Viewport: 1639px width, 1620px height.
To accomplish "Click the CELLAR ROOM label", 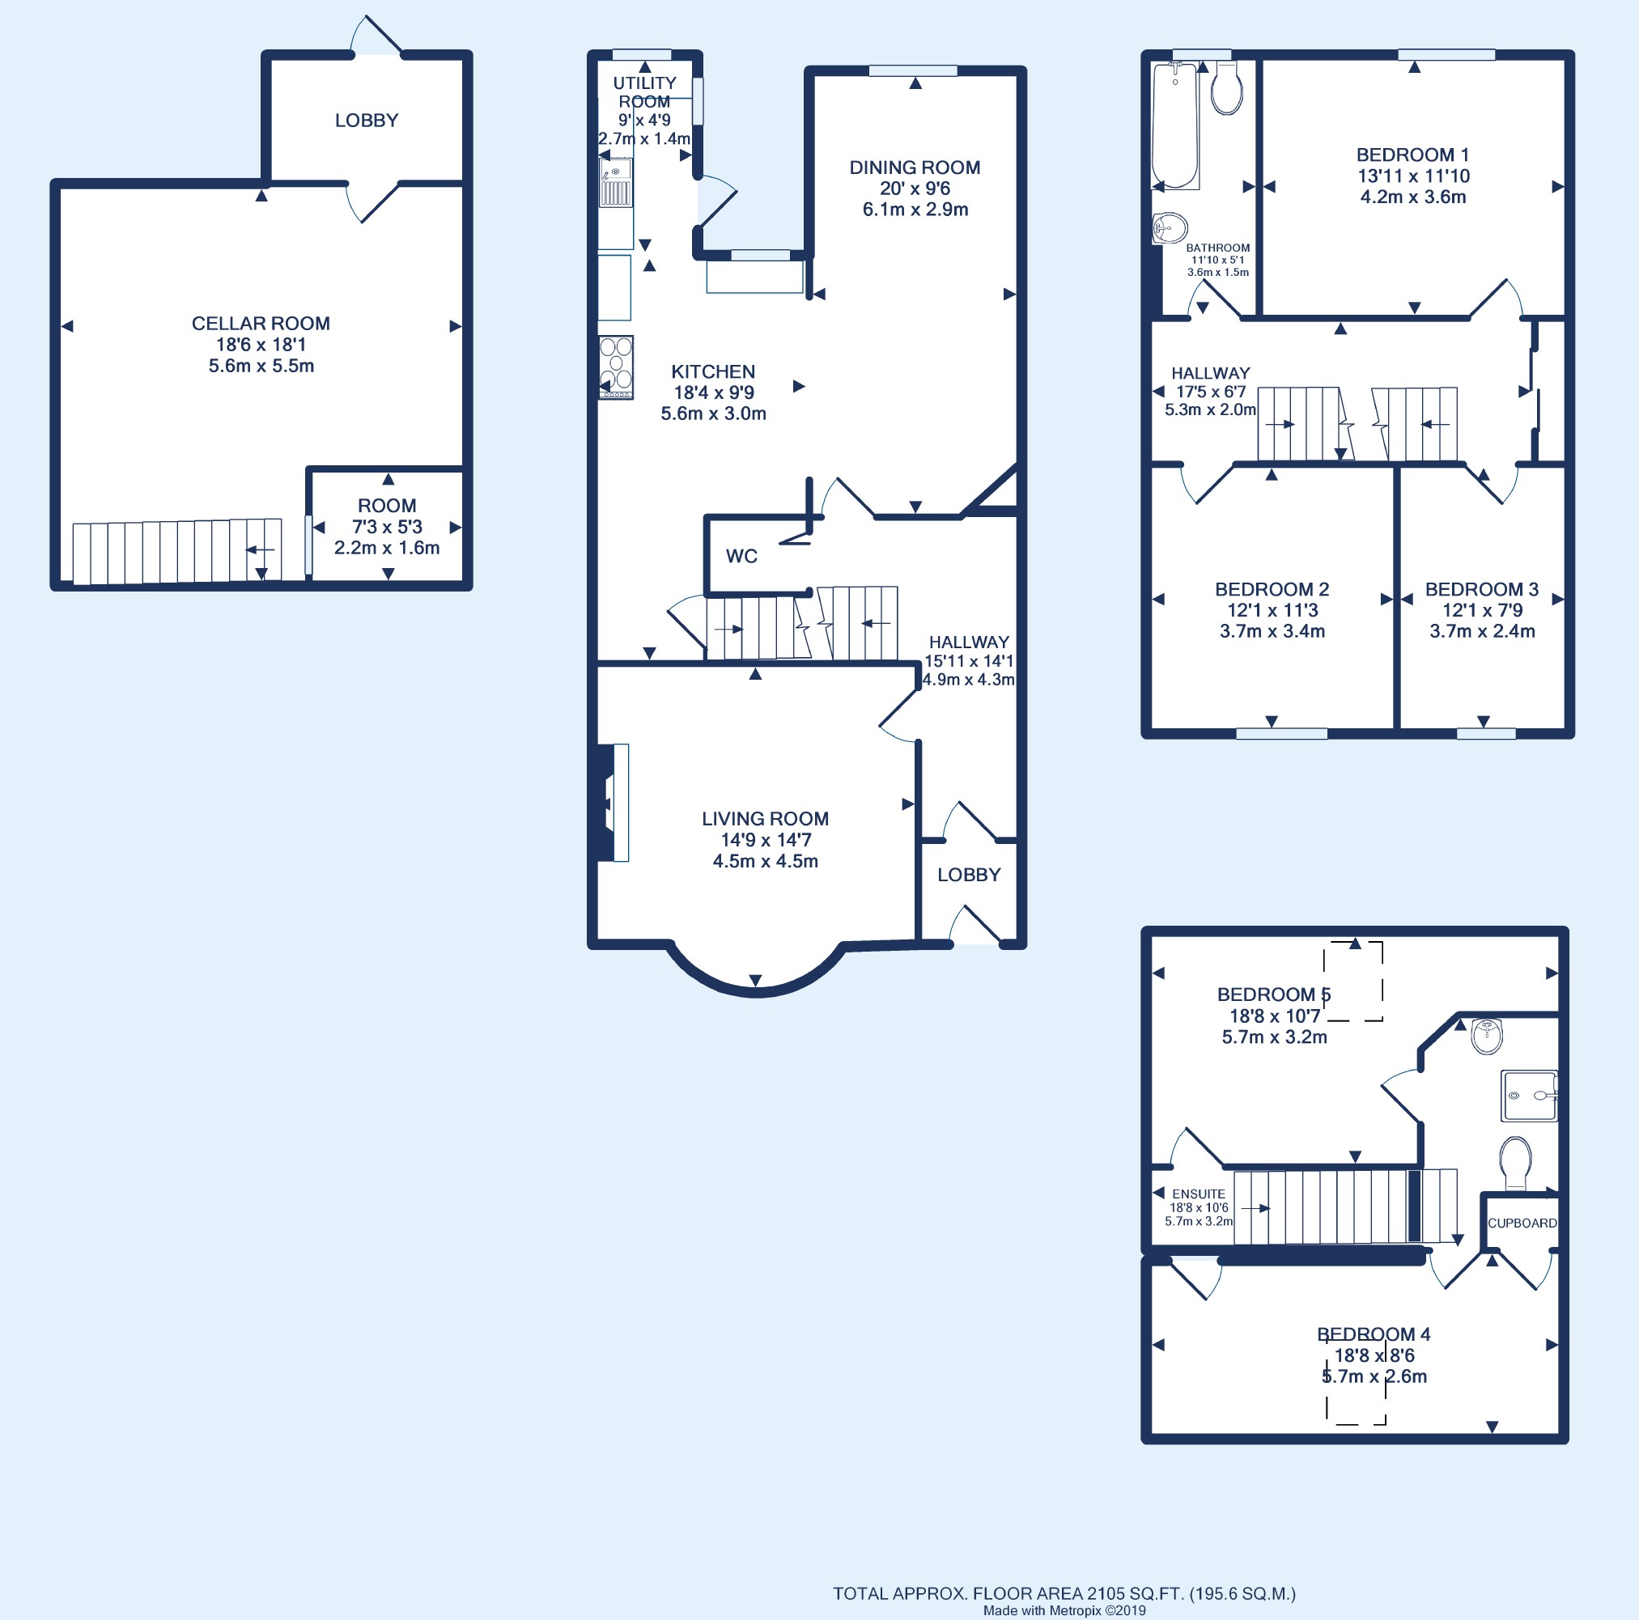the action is pyautogui.click(x=261, y=323).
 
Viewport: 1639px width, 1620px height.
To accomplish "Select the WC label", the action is pyautogui.click(x=741, y=557).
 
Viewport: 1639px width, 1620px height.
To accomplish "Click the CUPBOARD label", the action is pyautogui.click(x=1522, y=1223).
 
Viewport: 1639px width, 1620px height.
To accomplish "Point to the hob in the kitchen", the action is pyautogui.click(x=616, y=368).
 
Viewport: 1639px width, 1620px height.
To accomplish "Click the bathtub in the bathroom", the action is pyautogui.click(x=1175, y=126).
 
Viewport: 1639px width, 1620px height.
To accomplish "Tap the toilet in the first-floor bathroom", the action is pyautogui.click(x=1227, y=87).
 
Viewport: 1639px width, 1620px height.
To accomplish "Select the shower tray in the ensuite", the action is pyautogui.click(x=1530, y=1095).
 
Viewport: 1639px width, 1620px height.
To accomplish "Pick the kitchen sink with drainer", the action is pyautogui.click(x=615, y=183).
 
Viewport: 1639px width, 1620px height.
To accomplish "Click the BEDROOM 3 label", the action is pyautogui.click(x=1481, y=589).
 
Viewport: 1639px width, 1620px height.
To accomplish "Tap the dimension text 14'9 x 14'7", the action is pyautogui.click(x=765, y=840).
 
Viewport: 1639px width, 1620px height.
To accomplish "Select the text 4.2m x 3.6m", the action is pyautogui.click(x=1413, y=197).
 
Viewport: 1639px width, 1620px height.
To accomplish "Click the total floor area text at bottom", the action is pyautogui.click(x=1064, y=1594).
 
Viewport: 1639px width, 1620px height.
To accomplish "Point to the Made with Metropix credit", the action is pyautogui.click(x=1064, y=1610).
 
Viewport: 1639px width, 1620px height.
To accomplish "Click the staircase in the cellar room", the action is pyautogui.click(x=176, y=551).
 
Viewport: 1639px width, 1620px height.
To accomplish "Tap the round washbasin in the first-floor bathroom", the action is pyautogui.click(x=1170, y=228).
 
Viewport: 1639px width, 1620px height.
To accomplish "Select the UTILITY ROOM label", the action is pyautogui.click(x=645, y=92).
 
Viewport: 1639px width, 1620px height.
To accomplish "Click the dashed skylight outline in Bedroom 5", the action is pyautogui.click(x=1353, y=981).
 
